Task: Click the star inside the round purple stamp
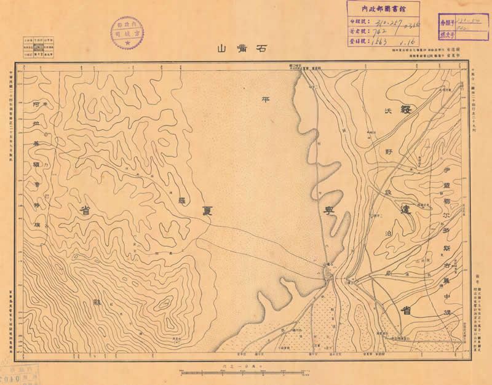click(x=127, y=44)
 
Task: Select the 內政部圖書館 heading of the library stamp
click(x=382, y=9)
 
